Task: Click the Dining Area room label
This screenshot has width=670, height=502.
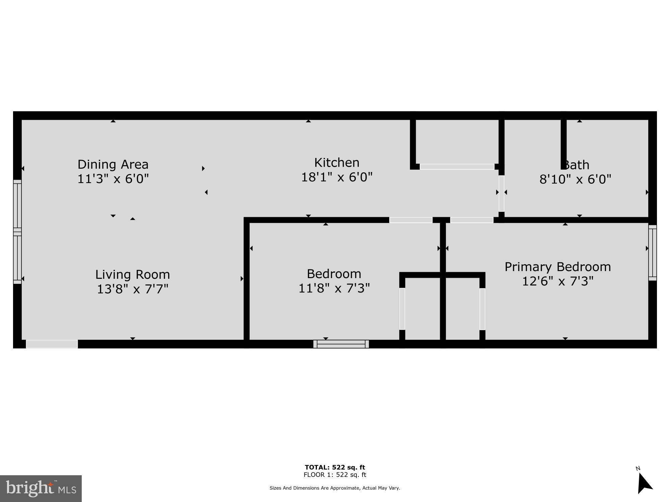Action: click(113, 164)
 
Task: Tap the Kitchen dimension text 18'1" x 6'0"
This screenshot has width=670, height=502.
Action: click(337, 177)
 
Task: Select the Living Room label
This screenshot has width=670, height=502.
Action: click(133, 274)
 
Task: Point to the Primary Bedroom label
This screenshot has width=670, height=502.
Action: click(558, 267)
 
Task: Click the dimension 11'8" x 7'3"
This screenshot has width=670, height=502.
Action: click(334, 288)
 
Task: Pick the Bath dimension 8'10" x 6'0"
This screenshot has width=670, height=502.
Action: click(575, 179)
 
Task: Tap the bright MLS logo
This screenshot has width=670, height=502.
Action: click(41, 489)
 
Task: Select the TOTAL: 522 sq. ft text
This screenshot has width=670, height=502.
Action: click(335, 467)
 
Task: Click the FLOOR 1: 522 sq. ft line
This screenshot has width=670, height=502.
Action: click(335, 475)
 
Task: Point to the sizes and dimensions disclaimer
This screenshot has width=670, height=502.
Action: click(335, 488)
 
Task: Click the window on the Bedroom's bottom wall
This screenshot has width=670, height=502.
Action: click(341, 344)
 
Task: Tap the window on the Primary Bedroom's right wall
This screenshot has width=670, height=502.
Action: click(652, 253)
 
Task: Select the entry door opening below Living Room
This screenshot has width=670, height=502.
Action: click(52, 344)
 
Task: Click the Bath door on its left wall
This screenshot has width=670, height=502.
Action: click(501, 193)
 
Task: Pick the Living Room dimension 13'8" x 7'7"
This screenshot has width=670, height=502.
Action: click(133, 289)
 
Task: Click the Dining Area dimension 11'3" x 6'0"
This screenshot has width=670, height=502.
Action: click(113, 179)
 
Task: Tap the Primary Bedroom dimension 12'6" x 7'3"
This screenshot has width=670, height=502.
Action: click(558, 281)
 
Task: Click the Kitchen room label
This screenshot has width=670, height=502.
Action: click(337, 163)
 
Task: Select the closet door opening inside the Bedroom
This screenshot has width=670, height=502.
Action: click(402, 309)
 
